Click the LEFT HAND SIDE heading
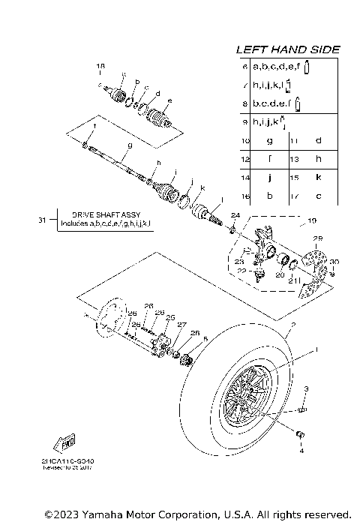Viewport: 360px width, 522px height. pos(288,49)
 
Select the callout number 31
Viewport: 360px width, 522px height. pos(41,220)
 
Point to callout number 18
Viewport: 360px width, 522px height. pos(100,67)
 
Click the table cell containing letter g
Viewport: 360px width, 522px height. pos(268,140)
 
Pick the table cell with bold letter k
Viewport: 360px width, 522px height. pos(319,177)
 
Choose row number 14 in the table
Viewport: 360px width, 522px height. pos(244,177)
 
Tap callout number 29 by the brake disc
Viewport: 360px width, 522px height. pos(317,238)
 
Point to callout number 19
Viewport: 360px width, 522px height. pos(312,220)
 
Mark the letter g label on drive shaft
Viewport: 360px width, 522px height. pos(129,145)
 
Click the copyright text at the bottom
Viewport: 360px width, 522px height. pos(197,514)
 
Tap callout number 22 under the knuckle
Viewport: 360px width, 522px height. pos(241,271)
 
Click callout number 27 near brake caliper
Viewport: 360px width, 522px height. pos(181,325)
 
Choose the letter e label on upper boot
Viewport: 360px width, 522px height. pos(170,100)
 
